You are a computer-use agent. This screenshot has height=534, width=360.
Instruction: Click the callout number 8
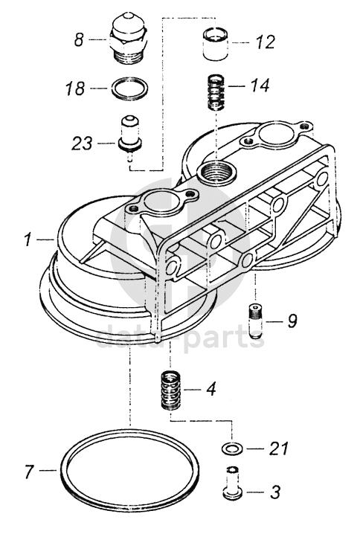click(x=79, y=39)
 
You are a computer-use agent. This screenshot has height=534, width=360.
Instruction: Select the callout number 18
click(x=75, y=89)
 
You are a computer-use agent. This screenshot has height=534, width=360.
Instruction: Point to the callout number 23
click(x=82, y=143)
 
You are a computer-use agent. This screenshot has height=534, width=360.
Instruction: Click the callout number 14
click(x=260, y=85)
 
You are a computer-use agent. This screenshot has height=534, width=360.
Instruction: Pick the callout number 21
click(x=279, y=448)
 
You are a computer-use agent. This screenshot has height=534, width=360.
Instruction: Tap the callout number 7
click(x=30, y=472)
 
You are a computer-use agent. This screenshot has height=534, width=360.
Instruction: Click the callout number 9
click(x=292, y=321)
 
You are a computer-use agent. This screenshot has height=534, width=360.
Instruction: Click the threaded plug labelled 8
click(x=129, y=38)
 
